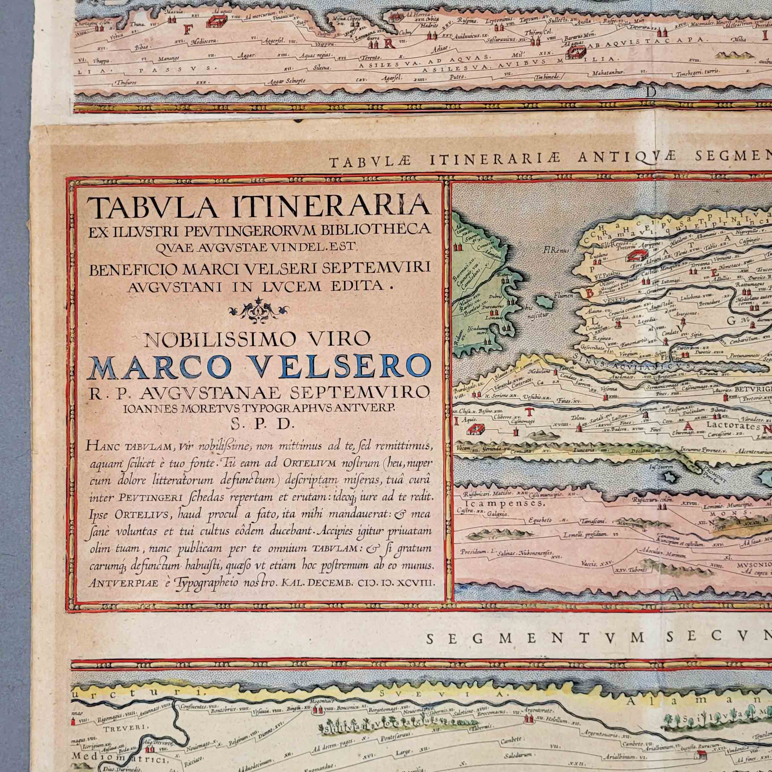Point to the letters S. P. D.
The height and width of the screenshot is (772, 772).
tap(259, 425)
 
